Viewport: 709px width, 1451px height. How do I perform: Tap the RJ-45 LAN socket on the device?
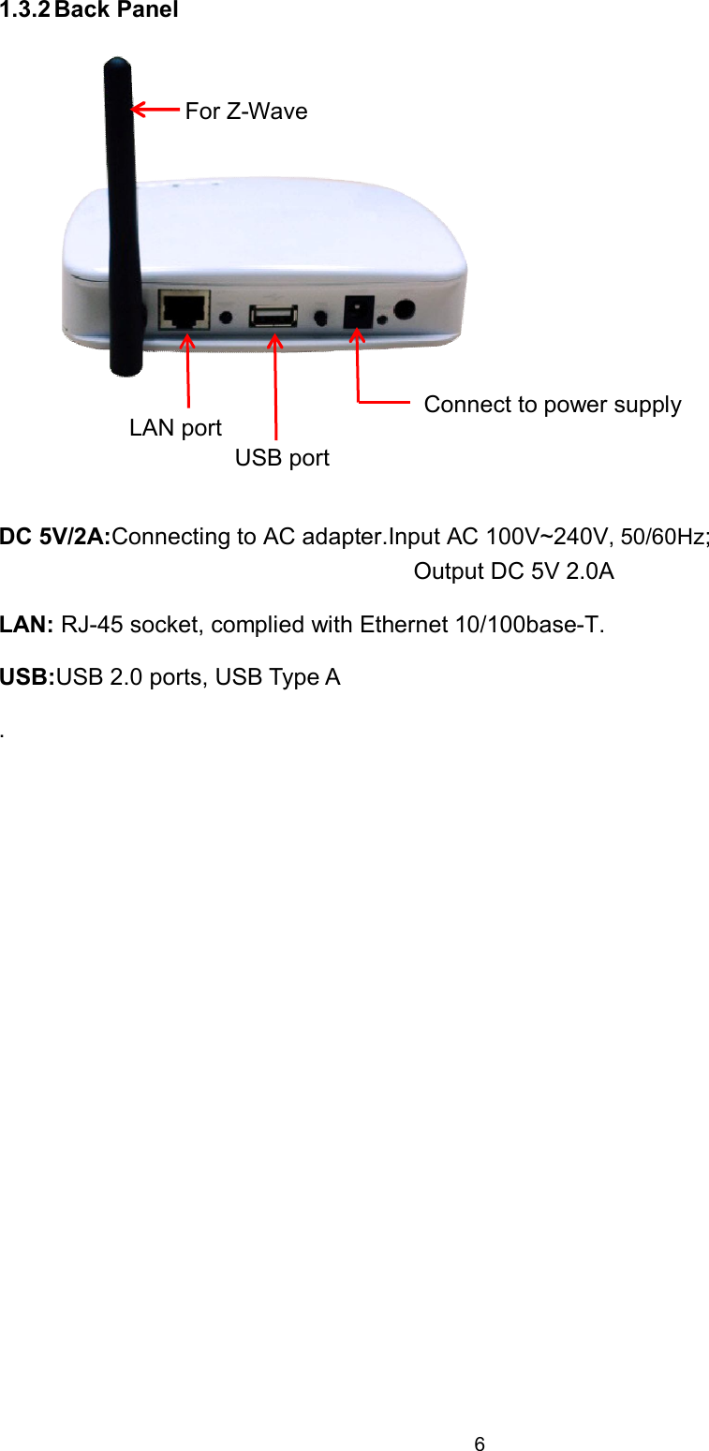185,309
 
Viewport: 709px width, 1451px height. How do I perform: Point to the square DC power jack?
357,312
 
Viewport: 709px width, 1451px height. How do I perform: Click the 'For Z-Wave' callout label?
245,111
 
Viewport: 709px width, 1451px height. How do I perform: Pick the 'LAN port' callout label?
175,428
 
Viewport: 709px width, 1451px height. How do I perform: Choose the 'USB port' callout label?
282,458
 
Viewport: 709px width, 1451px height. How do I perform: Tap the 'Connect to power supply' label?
552,405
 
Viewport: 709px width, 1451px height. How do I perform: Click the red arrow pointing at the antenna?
155,110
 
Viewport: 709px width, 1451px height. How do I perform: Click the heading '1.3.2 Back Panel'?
89,10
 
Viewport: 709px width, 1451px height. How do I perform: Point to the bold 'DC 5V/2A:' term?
55,538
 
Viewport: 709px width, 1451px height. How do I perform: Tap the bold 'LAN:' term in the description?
27,625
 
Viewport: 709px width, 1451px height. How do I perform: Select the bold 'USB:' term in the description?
27,677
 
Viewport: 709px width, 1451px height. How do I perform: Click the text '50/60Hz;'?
665,538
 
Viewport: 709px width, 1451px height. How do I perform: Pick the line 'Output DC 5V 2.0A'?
513,572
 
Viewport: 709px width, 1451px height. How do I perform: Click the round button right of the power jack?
406,310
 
